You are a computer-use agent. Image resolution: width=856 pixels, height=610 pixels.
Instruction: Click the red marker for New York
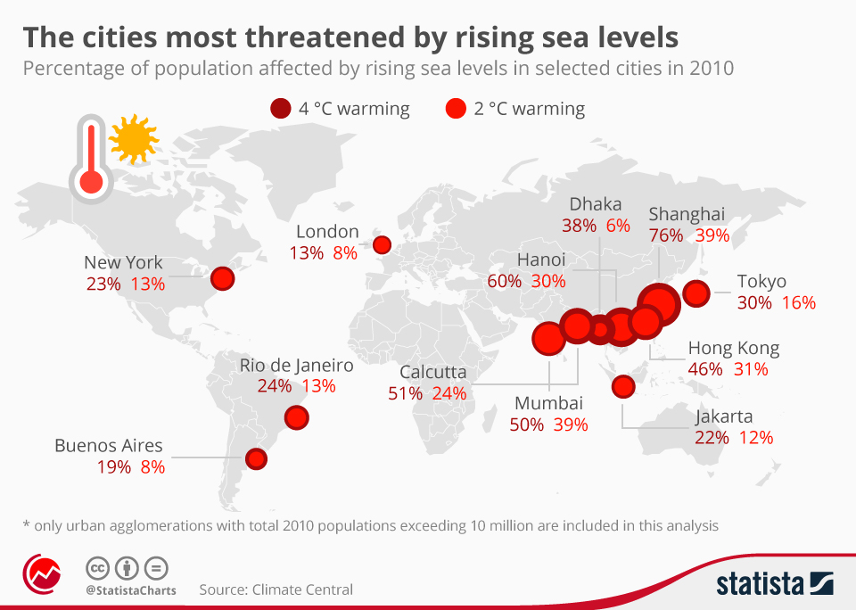[222, 279]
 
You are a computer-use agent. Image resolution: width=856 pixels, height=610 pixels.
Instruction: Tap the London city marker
[382, 244]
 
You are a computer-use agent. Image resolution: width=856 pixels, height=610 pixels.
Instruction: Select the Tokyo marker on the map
[696, 293]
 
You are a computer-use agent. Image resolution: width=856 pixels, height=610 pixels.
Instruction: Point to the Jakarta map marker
[623, 386]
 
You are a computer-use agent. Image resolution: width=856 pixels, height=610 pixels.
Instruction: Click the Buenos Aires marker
[257, 458]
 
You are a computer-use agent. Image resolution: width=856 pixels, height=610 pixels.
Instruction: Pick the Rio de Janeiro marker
[295, 416]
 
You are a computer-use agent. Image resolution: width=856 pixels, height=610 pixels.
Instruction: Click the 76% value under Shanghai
[666, 235]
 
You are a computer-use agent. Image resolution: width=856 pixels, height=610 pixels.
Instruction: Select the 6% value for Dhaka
[618, 226]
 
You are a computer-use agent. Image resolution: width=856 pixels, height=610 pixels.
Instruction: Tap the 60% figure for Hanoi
[505, 281]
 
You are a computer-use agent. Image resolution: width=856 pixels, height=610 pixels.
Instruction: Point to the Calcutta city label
[433, 372]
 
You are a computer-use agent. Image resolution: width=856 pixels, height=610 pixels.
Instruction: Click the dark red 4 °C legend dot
[280, 110]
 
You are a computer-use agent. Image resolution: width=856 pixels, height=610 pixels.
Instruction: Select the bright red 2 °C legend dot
[456, 110]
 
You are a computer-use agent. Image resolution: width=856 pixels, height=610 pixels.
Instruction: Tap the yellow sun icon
[134, 138]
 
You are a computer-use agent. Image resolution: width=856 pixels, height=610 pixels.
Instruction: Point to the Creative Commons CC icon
[98, 568]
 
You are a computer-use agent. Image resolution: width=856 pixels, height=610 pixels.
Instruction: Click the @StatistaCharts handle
[131, 590]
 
